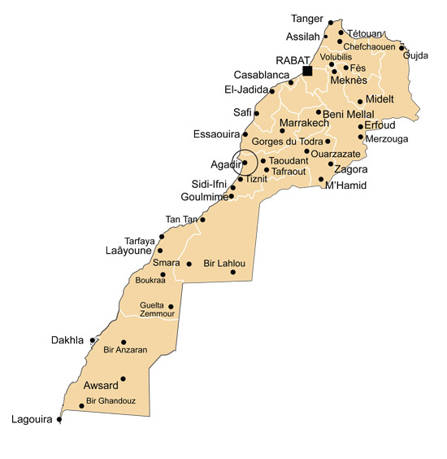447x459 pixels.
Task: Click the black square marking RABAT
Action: coord(307,71)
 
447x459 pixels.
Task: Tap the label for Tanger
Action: coord(307,18)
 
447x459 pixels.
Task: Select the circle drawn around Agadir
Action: coord(244,162)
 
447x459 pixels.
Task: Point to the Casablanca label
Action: coord(262,75)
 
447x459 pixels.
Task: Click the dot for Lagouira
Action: coord(59,419)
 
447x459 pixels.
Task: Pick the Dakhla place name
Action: coord(67,340)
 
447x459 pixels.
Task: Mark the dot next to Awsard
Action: coord(123,378)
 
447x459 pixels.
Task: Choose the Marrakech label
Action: coord(304,124)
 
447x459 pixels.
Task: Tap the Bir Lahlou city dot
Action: coord(233,272)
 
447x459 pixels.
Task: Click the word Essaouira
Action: coord(216,133)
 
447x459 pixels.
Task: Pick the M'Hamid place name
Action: coord(345,186)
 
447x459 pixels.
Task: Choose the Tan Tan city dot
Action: coord(203,220)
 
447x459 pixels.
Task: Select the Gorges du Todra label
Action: coord(288,142)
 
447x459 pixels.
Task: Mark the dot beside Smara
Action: coord(189,264)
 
